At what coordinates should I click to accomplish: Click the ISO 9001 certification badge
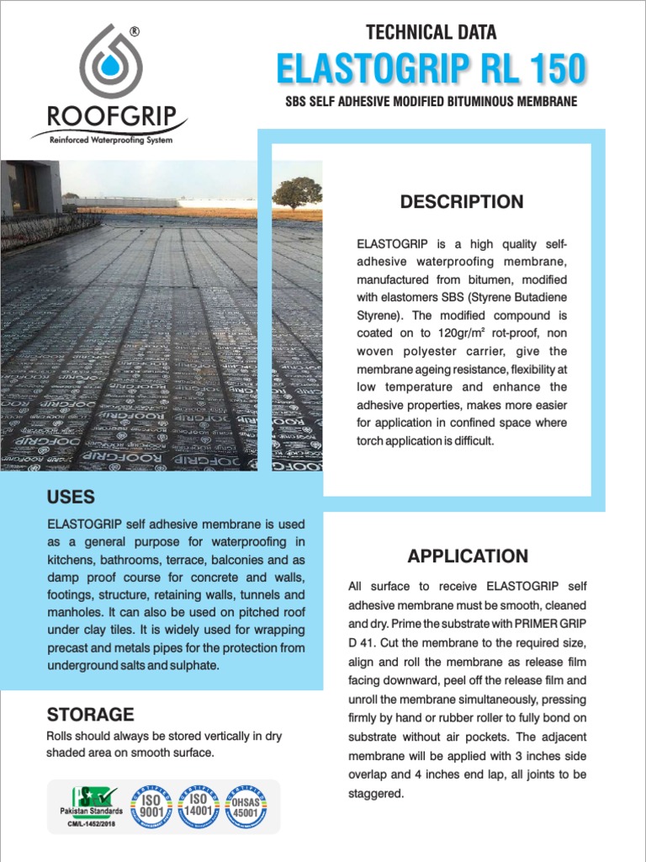[151, 806]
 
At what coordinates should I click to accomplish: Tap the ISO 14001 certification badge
[198, 806]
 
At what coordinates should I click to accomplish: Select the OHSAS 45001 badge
[246, 806]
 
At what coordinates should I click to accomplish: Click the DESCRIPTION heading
[461, 202]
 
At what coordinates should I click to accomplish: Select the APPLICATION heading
[468, 556]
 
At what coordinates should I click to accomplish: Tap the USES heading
[71, 497]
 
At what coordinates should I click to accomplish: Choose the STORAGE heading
[90, 715]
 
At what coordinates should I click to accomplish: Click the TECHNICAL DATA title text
[431, 33]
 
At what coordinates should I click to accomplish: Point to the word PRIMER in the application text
[535, 624]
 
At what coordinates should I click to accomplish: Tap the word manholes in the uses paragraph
[74, 612]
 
